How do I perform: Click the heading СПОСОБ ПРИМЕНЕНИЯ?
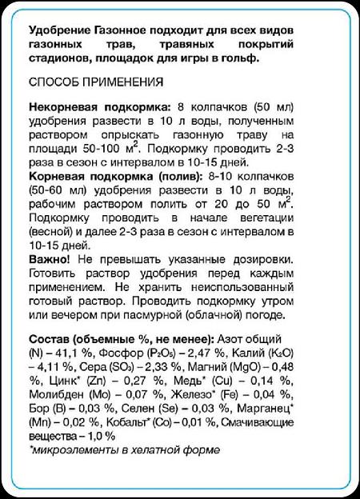tap(95, 82)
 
